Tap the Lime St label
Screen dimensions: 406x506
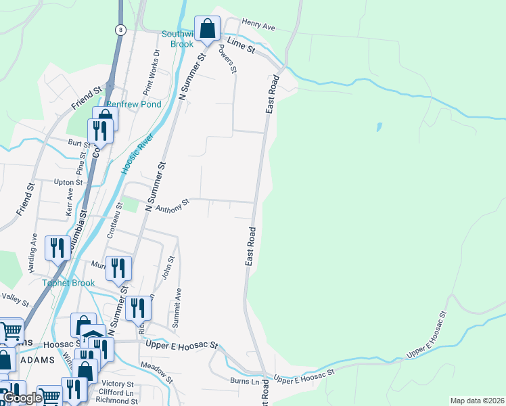click(240, 45)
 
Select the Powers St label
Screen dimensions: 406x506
click(228, 59)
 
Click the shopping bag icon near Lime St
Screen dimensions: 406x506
click(207, 29)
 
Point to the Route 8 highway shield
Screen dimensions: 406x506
click(120, 30)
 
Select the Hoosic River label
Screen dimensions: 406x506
click(137, 154)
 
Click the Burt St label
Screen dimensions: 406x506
click(78, 143)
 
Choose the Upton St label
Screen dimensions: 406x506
click(68, 183)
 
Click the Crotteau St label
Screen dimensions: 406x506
click(115, 220)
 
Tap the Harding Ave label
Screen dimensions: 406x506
click(32, 253)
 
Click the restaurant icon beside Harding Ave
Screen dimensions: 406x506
click(57, 248)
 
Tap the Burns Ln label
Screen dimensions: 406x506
click(244, 381)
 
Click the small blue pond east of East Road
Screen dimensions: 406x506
click(378, 127)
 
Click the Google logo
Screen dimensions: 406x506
click(22, 398)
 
